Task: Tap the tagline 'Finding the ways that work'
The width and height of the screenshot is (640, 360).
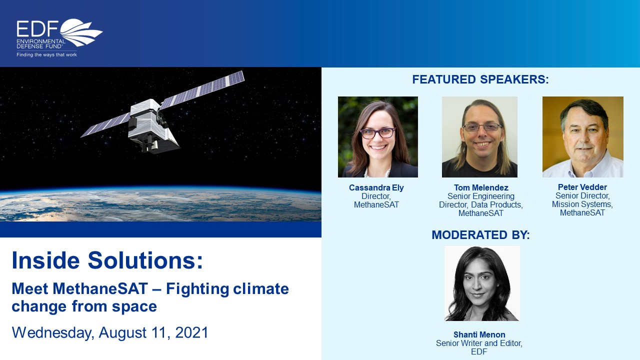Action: (x=46, y=54)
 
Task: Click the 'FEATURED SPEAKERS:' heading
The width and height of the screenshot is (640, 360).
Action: (x=480, y=79)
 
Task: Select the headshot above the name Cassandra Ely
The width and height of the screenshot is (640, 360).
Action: (x=377, y=137)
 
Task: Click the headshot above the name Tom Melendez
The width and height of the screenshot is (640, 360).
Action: (x=479, y=137)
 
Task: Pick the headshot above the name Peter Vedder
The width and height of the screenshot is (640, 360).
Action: (x=583, y=137)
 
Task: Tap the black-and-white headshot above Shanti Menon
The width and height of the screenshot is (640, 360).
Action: (x=482, y=283)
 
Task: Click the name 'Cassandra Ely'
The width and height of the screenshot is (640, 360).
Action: (x=376, y=187)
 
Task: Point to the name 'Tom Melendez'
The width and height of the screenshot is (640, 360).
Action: (x=481, y=187)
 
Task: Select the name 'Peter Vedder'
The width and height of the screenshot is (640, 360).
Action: (x=582, y=187)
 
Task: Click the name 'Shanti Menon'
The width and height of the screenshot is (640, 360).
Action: (x=479, y=334)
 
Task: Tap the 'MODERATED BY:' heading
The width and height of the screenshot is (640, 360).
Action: (x=480, y=235)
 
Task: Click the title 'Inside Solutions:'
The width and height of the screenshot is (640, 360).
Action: (x=107, y=260)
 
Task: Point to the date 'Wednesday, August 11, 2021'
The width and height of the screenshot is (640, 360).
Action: (x=110, y=332)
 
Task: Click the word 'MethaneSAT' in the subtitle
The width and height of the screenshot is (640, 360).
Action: (x=100, y=288)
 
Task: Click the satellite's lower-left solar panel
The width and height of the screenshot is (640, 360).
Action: (x=105, y=125)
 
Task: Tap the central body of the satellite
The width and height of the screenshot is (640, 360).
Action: (x=151, y=125)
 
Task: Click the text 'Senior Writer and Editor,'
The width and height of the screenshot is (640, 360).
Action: (x=479, y=343)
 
